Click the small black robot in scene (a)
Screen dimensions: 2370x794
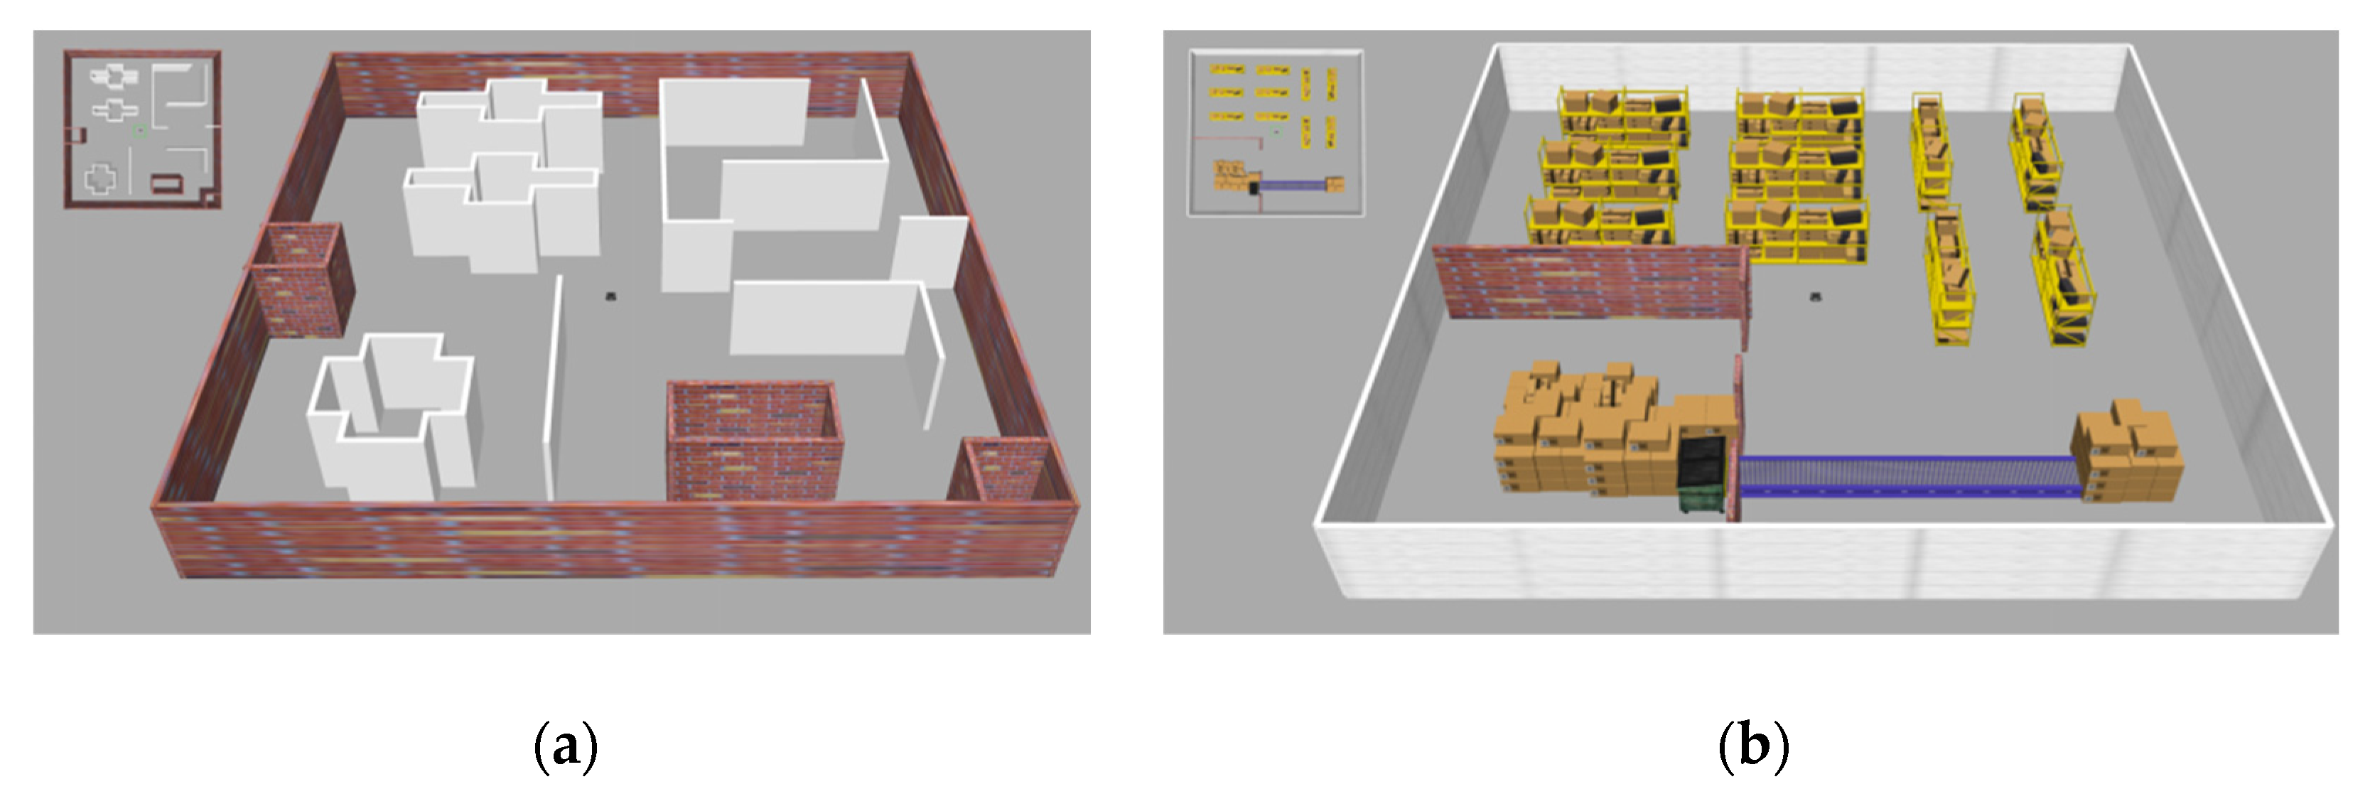[611, 295]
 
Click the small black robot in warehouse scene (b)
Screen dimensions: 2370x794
[1816, 296]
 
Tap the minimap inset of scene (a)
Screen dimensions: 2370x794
[143, 129]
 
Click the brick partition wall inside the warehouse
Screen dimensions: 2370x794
[1592, 282]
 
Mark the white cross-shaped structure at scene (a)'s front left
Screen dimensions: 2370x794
[391, 417]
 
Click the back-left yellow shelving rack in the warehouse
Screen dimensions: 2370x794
[1624, 116]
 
